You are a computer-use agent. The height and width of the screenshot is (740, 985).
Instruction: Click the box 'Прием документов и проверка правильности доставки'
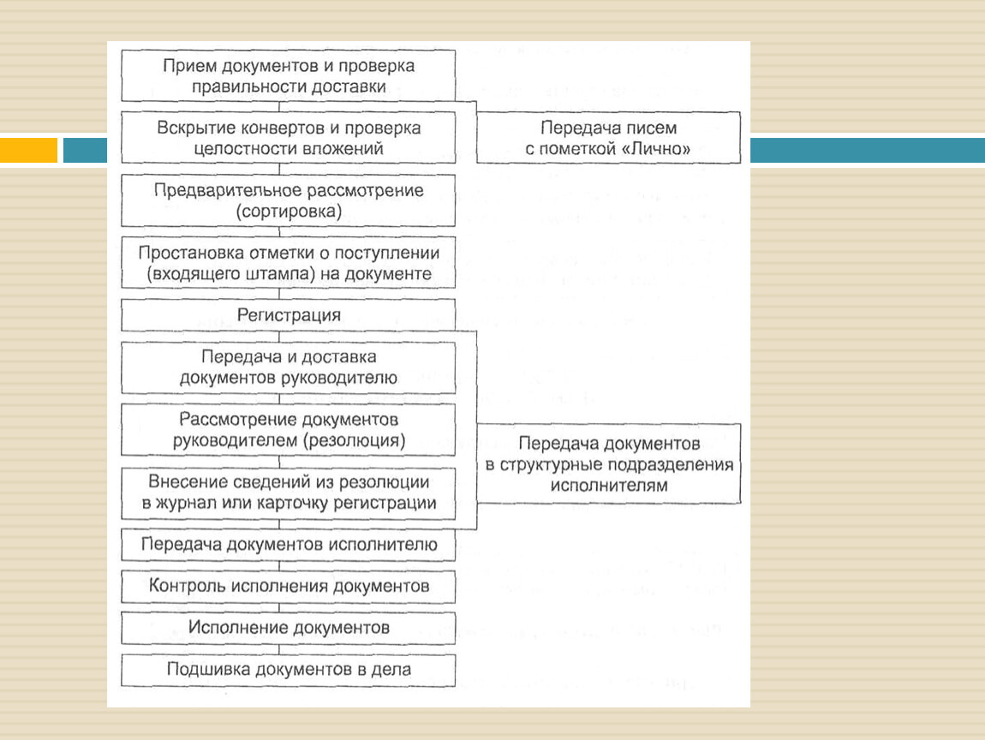(x=289, y=75)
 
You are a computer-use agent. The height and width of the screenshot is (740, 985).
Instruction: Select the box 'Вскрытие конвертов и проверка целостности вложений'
(x=289, y=138)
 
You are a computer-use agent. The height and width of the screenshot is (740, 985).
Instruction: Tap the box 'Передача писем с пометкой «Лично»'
(x=608, y=138)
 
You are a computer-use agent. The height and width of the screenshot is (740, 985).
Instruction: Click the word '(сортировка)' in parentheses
(x=289, y=212)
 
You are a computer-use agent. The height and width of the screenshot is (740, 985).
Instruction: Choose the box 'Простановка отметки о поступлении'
(x=289, y=263)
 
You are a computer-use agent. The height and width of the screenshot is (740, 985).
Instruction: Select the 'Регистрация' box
(x=289, y=314)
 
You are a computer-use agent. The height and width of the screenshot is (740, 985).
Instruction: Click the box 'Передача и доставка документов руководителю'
(x=289, y=367)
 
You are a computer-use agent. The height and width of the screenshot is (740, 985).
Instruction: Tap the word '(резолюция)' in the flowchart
(x=355, y=440)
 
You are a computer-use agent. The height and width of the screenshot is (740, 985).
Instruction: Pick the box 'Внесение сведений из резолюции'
(x=289, y=493)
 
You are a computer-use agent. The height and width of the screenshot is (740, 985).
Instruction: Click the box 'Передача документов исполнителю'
(x=289, y=544)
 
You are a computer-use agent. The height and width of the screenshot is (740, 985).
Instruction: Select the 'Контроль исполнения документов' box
(x=289, y=586)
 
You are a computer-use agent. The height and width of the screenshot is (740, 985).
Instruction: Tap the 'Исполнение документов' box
(x=289, y=628)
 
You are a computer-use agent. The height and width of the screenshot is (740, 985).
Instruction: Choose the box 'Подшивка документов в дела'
(x=289, y=670)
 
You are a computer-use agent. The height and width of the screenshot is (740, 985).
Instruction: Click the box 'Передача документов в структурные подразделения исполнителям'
(x=608, y=463)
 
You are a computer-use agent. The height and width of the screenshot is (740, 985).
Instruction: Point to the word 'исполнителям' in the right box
(x=609, y=486)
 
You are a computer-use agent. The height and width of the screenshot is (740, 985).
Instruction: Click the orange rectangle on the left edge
(x=29, y=150)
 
